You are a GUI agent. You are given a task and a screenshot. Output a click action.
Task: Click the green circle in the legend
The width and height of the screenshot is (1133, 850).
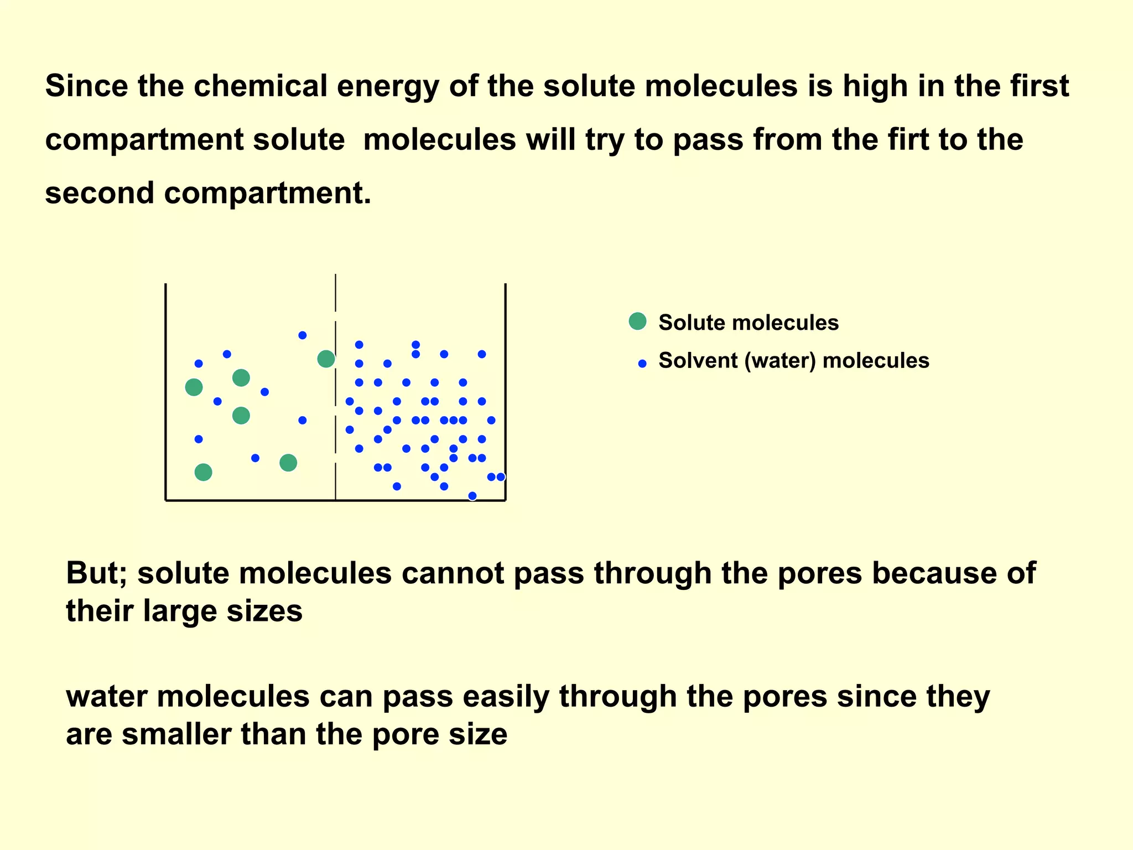tap(637, 321)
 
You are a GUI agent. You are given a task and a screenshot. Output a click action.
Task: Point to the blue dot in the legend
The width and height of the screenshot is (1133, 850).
tap(642, 364)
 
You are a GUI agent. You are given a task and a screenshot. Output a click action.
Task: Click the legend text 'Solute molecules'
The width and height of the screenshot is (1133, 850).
tap(748, 323)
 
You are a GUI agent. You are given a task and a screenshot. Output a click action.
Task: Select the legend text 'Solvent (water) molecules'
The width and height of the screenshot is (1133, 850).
tap(793, 361)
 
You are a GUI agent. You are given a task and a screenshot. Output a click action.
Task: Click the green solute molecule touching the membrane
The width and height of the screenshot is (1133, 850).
tap(326, 359)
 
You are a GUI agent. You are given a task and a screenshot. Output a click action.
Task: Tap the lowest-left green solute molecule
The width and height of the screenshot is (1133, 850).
tap(203, 472)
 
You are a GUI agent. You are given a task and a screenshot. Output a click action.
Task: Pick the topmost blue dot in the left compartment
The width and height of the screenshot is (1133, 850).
tap(302, 335)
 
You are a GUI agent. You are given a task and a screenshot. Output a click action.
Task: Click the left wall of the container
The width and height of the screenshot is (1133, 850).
tap(166, 387)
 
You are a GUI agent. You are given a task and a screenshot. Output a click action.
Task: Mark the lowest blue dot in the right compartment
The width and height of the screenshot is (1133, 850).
tap(472, 496)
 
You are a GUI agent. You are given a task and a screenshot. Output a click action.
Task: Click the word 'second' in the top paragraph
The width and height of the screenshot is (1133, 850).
tap(100, 194)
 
